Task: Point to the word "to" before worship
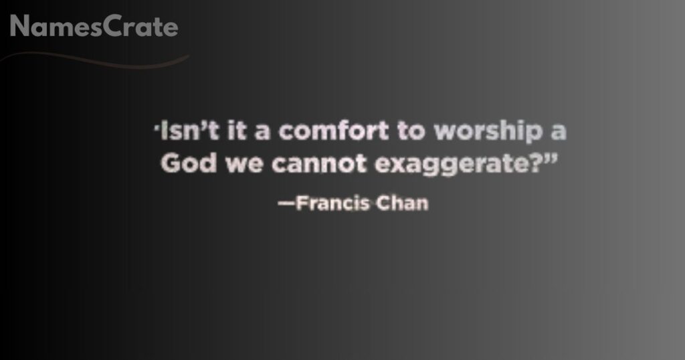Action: (410, 131)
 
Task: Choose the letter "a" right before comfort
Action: (262, 132)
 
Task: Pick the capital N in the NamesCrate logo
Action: (20, 27)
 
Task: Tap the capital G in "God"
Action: (171, 164)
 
